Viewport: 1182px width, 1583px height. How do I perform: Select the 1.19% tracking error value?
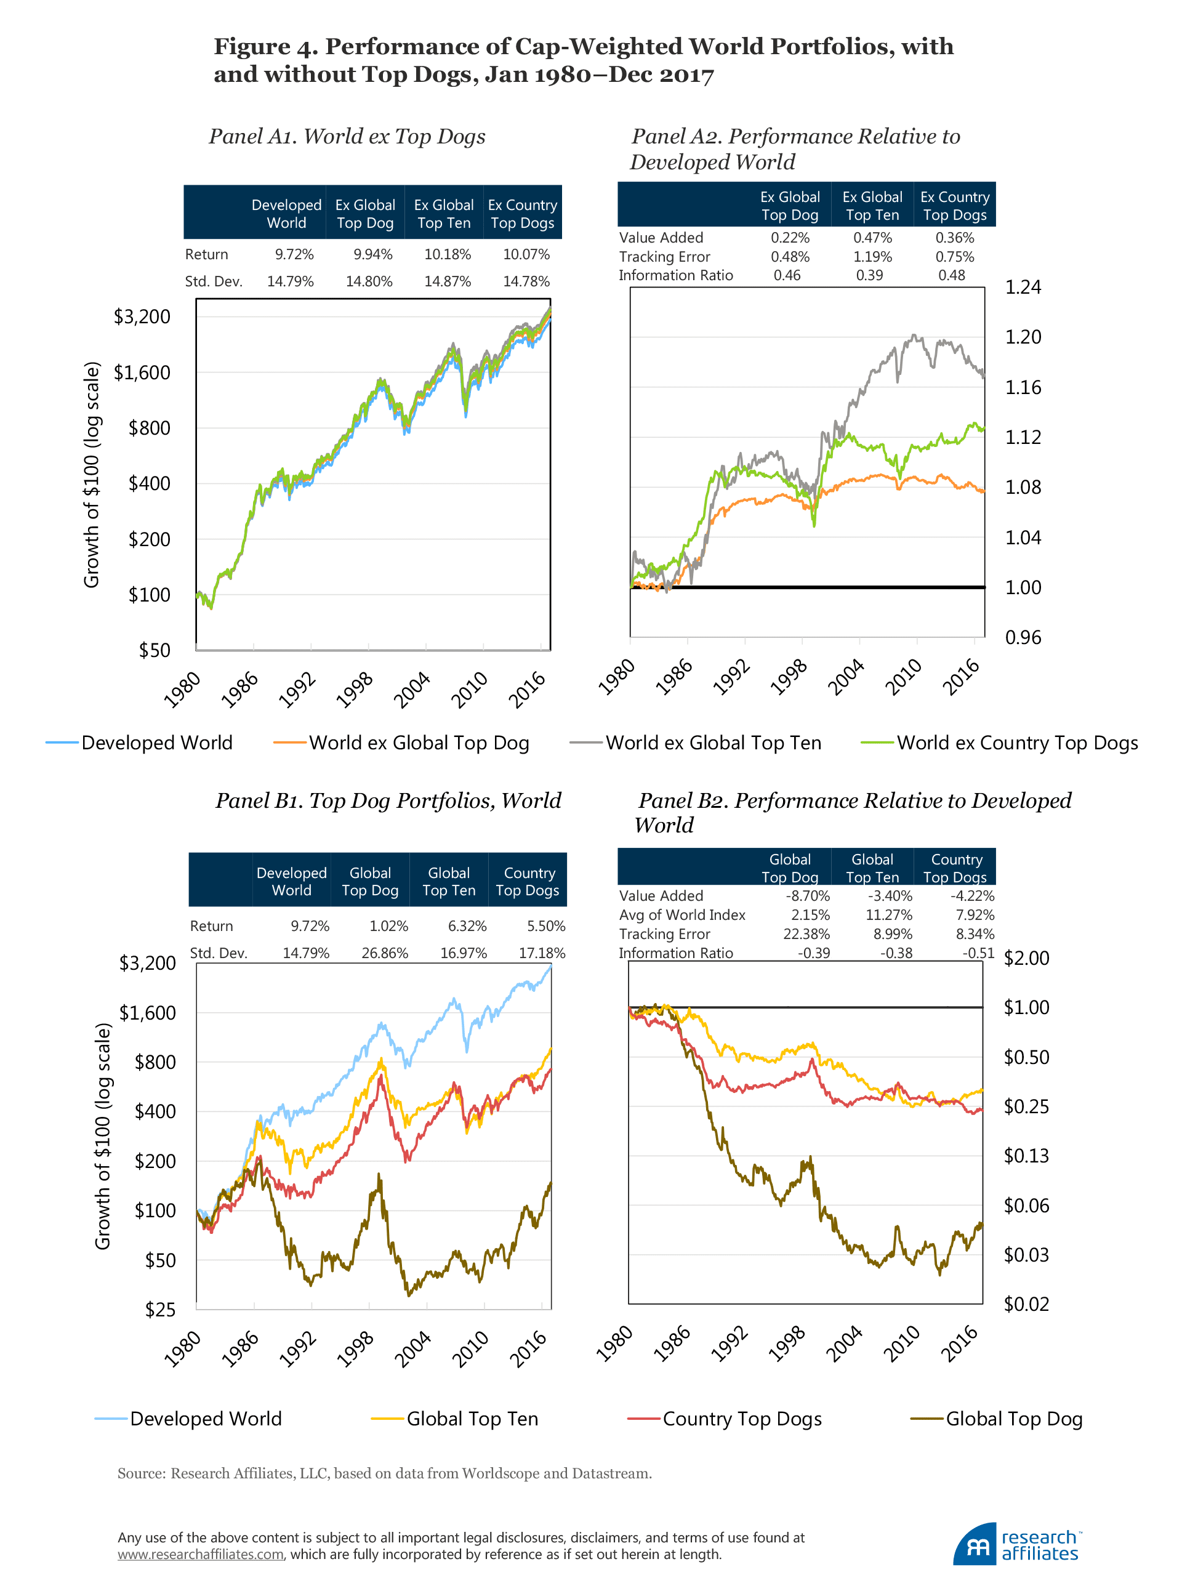(x=872, y=256)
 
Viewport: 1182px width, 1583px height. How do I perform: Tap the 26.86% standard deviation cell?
(x=384, y=953)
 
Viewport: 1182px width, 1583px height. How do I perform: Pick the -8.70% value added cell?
(x=807, y=895)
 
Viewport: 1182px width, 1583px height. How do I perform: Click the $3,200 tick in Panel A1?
(x=142, y=316)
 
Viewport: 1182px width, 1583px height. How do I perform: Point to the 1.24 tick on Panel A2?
(x=1023, y=287)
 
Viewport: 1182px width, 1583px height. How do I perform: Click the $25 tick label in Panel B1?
(x=159, y=1309)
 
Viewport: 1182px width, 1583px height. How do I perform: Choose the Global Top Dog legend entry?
(x=1013, y=1419)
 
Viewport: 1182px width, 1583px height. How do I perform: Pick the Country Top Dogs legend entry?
(x=741, y=1419)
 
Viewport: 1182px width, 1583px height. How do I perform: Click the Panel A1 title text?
(x=347, y=136)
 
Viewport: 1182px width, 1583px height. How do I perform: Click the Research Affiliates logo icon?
(x=974, y=1544)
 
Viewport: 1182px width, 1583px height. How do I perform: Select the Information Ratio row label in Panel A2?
(x=675, y=275)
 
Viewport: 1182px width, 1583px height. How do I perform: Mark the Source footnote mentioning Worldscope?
(x=384, y=1473)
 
